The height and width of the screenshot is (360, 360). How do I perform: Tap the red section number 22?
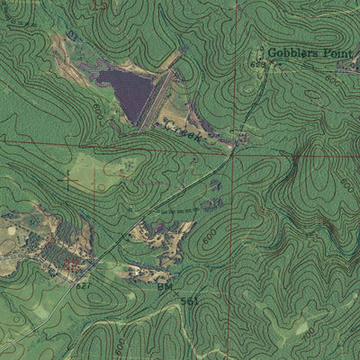point(76,265)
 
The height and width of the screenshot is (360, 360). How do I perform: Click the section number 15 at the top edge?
point(99,5)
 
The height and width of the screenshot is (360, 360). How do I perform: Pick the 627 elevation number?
point(82,284)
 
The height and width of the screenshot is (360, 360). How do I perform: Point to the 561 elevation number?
point(189,301)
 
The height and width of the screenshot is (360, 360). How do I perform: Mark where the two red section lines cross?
point(232,154)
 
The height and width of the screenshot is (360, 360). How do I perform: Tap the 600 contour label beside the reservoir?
point(97,110)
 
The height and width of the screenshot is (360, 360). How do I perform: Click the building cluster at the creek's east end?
point(241,138)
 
